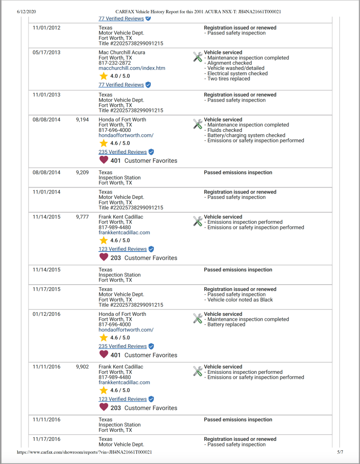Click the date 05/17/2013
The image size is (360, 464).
tap(46, 53)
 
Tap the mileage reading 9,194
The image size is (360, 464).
tap(82, 120)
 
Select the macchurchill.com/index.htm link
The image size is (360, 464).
tap(132, 68)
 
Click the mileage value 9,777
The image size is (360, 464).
tap(82, 217)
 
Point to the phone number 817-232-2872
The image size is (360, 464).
tap(115, 63)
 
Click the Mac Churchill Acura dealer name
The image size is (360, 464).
tap(121, 53)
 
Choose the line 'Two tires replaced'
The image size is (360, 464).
tap(228, 79)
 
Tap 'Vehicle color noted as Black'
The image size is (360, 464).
tap(240, 300)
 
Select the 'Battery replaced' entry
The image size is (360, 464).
tap(226, 324)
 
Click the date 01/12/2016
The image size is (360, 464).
tap(46, 314)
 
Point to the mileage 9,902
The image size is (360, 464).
tap(82, 367)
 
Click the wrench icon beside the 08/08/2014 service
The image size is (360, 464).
tap(197, 124)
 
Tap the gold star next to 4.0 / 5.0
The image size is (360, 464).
tap(103, 76)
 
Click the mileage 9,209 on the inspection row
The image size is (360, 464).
tap(82, 173)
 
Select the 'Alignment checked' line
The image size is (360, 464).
tap(230, 63)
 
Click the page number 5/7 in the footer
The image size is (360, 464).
tap(340, 452)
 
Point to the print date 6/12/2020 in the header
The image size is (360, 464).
tap(26, 11)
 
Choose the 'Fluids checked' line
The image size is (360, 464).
tap(225, 130)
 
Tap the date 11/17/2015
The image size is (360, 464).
tap(46, 289)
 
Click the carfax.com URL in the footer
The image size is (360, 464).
tap(84, 452)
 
